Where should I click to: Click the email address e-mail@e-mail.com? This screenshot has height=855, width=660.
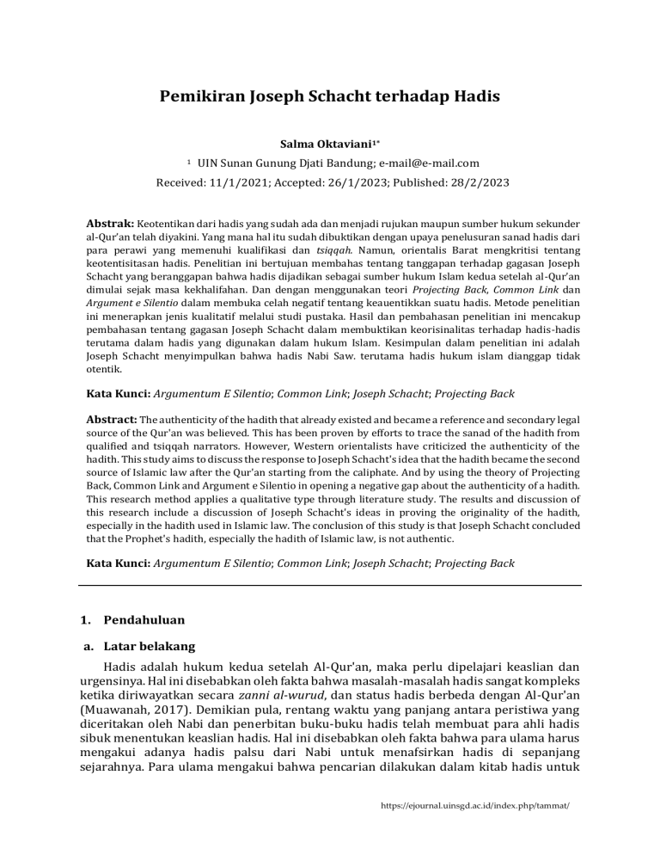424,163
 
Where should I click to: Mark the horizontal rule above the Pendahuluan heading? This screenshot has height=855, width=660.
330,586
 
